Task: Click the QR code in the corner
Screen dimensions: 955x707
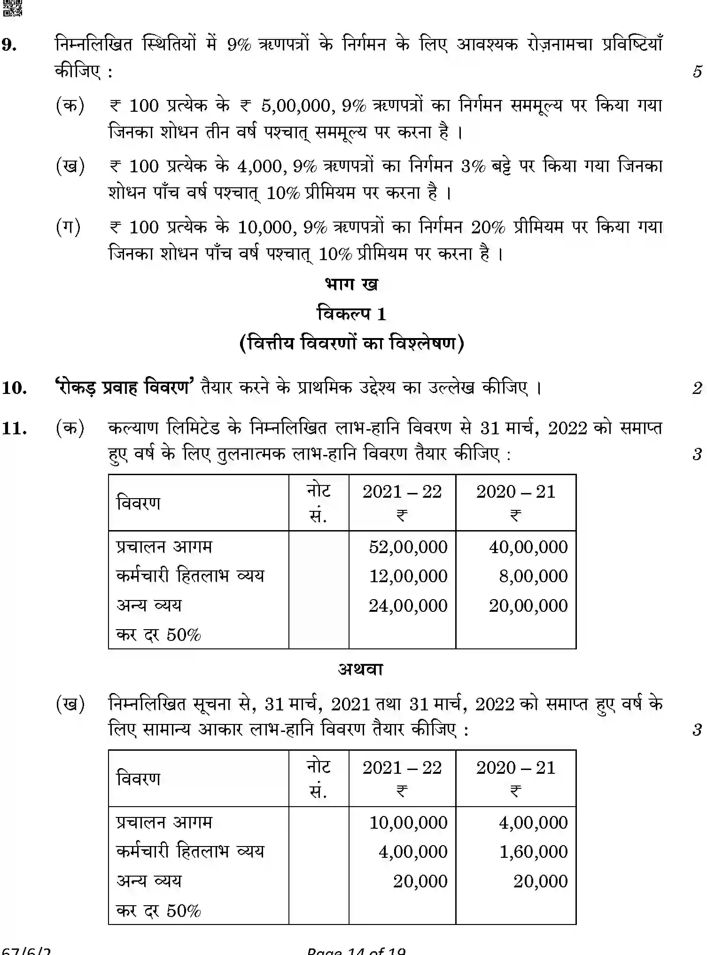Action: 12,8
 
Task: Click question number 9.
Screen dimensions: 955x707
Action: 10,45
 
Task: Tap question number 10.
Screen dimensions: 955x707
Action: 14,388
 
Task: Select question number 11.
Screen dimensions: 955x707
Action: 14,428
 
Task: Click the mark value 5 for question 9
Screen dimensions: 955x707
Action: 697,72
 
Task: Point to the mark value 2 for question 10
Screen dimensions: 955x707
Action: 697,388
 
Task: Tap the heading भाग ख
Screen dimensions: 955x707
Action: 351,285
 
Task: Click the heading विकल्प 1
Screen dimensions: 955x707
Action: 351,314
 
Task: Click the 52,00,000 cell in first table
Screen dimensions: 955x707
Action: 408,547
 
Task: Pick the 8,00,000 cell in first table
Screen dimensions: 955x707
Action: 533,576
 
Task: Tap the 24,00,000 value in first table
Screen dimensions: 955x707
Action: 408,606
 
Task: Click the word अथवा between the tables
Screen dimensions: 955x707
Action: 360,669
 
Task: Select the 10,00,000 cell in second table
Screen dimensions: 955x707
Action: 408,823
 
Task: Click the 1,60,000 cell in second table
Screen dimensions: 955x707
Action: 533,852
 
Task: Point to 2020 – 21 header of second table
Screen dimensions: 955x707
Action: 516,768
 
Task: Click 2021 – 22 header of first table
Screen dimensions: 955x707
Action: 402,492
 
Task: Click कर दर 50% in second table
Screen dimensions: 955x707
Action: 158,911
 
